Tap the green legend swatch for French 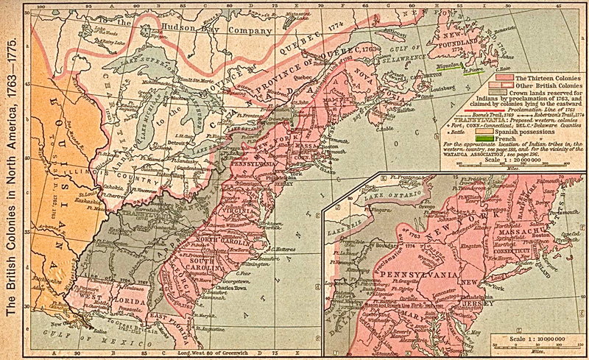click(x=484, y=138)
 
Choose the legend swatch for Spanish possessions click(x=484, y=130)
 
